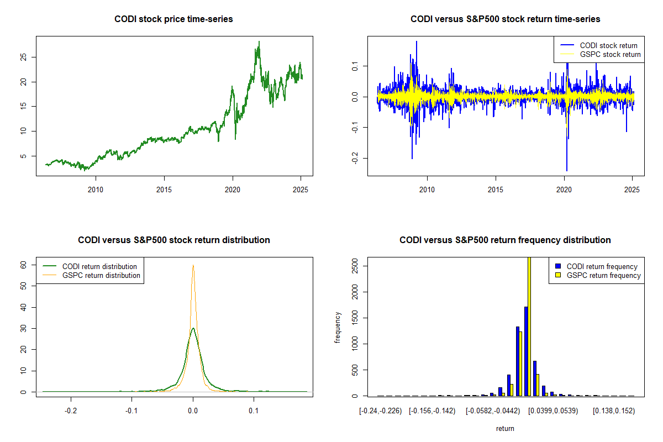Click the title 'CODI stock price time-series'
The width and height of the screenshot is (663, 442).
click(x=173, y=19)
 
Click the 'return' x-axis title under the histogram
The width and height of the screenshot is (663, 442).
click(x=505, y=428)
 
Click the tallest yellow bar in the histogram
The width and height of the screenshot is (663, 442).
click(x=529, y=326)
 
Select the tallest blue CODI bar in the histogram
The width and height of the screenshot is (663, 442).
click(x=526, y=351)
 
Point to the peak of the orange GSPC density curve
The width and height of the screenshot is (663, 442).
click(x=193, y=266)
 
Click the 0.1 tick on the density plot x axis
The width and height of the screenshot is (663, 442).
click(x=254, y=411)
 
